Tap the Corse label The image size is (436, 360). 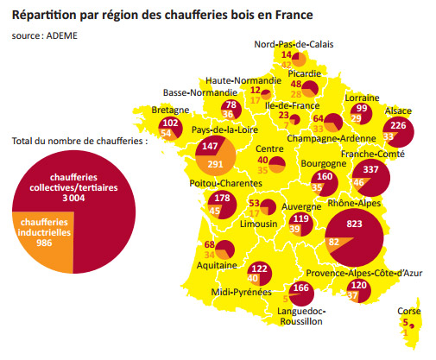[409, 311]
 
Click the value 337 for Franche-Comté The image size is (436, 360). [370, 169]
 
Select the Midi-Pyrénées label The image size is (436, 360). [237, 293]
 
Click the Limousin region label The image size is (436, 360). [256, 224]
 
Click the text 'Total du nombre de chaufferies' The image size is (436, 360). [80, 139]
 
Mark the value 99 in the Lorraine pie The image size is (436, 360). [360, 109]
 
